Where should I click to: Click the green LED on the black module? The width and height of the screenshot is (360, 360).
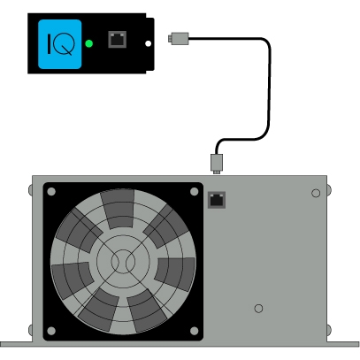click(89, 43)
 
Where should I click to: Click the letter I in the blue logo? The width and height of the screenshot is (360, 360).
click(49, 43)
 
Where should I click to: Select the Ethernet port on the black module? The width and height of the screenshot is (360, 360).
click(118, 39)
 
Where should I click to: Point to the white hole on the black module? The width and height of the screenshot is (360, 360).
click(149, 43)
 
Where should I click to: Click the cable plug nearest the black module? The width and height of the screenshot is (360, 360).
click(179, 39)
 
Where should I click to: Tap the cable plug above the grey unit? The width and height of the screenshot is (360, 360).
click(217, 164)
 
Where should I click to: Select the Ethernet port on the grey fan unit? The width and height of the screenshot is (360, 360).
click(217, 200)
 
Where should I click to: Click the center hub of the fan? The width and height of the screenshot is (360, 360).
click(123, 261)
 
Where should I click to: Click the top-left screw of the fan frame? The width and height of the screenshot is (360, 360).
click(51, 192)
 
